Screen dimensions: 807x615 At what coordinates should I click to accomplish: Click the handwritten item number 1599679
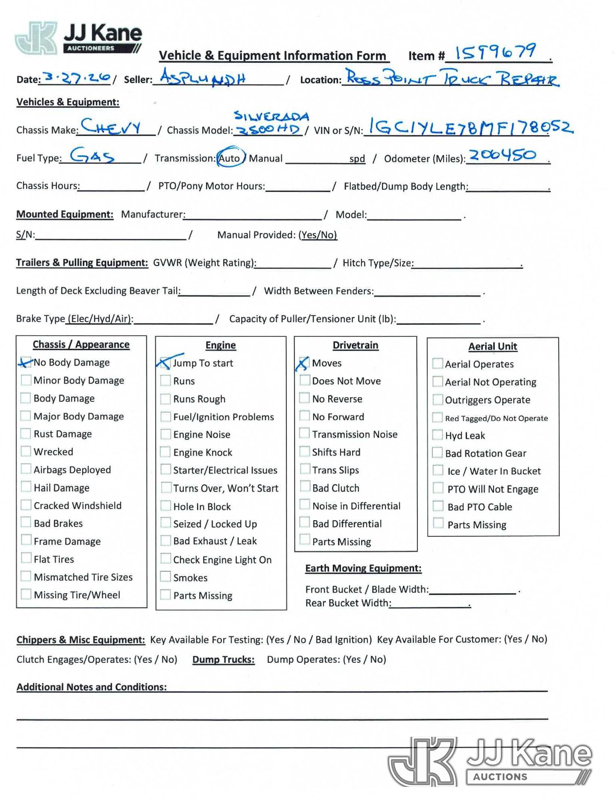[x=495, y=52]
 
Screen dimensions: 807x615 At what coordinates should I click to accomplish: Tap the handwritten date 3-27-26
[x=77, y=77]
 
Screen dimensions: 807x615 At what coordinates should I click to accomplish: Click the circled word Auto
[x=230, y=158]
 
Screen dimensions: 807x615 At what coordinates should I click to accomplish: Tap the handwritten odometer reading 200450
[x=502, y=155]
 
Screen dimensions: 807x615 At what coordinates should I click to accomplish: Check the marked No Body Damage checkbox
[x=26, y=362]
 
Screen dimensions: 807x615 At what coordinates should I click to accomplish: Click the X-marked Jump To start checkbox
[x=165, y=363]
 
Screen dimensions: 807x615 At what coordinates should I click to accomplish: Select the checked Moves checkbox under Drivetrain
[x=304, y=363]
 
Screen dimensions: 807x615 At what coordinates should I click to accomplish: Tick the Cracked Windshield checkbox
[x=26, y=505]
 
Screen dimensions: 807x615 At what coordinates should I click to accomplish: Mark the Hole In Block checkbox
[x=165, y=506]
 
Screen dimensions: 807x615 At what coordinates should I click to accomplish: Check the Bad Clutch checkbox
[x=305, y=487]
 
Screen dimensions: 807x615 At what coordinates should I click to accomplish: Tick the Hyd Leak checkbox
[x=437, y=435]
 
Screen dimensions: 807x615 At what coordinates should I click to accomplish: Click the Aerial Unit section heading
[x=492, y=346]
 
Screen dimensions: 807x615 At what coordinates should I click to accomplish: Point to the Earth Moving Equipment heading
[x=363, y=568]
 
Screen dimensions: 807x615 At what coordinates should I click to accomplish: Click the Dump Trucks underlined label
[x=223, y=659]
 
